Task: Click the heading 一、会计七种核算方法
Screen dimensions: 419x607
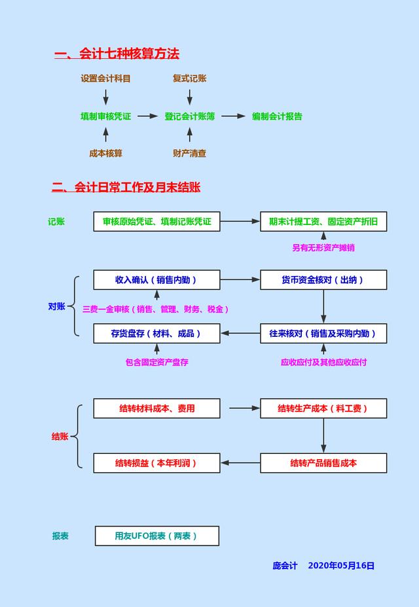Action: tap(117, 54)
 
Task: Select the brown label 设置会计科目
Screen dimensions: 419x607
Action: tap(105, 78)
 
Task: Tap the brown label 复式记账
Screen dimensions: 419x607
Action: tap(190, 78)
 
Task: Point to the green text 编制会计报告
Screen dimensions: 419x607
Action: tap(277, 116)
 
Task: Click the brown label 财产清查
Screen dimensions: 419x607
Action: tap(190, 153)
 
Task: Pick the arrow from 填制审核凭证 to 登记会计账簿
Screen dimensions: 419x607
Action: tap(148, 116)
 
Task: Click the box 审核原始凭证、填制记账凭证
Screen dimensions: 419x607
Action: tap(157, 222)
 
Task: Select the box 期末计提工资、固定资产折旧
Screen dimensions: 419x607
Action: tap(323, 222)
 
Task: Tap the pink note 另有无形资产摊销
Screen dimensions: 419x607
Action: tap(323, 248)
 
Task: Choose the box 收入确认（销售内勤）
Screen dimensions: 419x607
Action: tap(157, 280)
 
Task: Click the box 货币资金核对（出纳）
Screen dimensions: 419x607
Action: tap(323, 280)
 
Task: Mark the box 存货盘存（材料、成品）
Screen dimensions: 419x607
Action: tap(157, 334)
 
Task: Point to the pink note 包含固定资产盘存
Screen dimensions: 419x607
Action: tap(157, 362)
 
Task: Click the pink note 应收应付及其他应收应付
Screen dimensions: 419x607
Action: tap(323, 362)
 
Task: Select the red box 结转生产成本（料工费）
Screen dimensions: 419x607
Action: tap(323, 408)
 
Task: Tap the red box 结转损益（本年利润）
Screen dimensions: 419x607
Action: tap(157, 463)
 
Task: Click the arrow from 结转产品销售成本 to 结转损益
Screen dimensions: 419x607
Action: tap(240, 463)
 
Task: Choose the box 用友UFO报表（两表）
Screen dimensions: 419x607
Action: tap(157, 536)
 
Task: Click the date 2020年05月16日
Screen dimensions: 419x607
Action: tap(341, 566)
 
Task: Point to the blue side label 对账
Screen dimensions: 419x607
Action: tap(56, 306)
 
